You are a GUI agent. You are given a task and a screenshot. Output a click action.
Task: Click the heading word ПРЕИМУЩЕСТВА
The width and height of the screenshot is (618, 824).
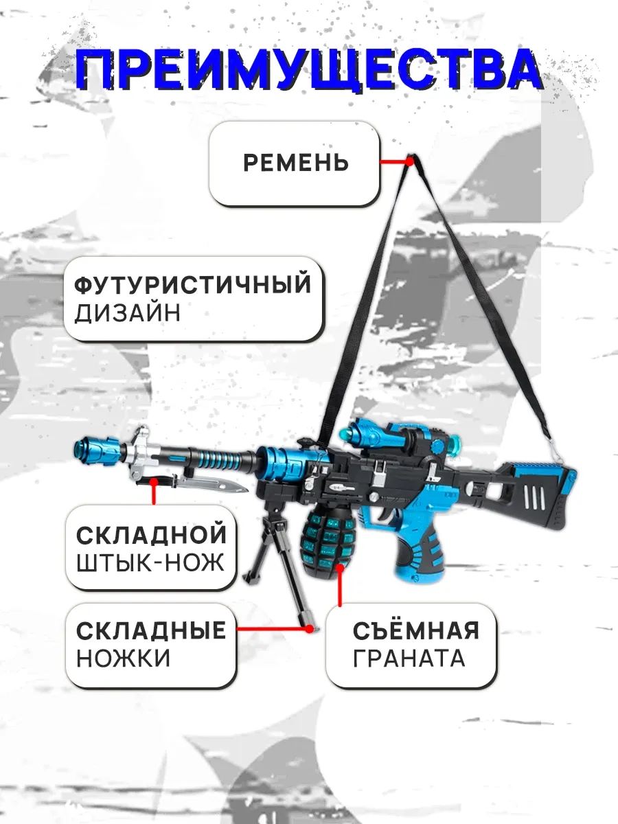(x=309, y=70)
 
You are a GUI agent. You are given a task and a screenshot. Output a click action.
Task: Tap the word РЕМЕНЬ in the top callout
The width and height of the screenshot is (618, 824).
(x=296, y=163)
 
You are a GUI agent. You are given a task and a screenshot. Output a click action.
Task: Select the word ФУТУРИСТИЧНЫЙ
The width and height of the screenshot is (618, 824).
(x=192, y=284)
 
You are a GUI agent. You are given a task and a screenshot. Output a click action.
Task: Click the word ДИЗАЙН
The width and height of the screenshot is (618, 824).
(x=128, y=313)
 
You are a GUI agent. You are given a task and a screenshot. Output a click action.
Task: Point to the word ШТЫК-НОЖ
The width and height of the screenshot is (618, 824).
(x=150, y=562)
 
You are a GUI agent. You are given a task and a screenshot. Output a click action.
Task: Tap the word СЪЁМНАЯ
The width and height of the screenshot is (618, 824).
(x=415, y=629)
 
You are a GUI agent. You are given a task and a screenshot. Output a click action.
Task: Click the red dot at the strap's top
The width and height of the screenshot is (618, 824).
(x=409, y=161)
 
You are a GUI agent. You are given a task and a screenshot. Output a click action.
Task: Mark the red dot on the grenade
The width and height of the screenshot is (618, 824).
(x=340, y=568)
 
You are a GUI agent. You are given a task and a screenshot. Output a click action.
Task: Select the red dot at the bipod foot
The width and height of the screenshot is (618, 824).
(x=309, y=629)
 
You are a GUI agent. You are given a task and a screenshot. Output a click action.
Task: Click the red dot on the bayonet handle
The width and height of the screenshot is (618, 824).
(x=153, y=481)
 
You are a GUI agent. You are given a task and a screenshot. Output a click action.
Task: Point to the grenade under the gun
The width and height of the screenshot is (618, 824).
(x=325, y=540)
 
